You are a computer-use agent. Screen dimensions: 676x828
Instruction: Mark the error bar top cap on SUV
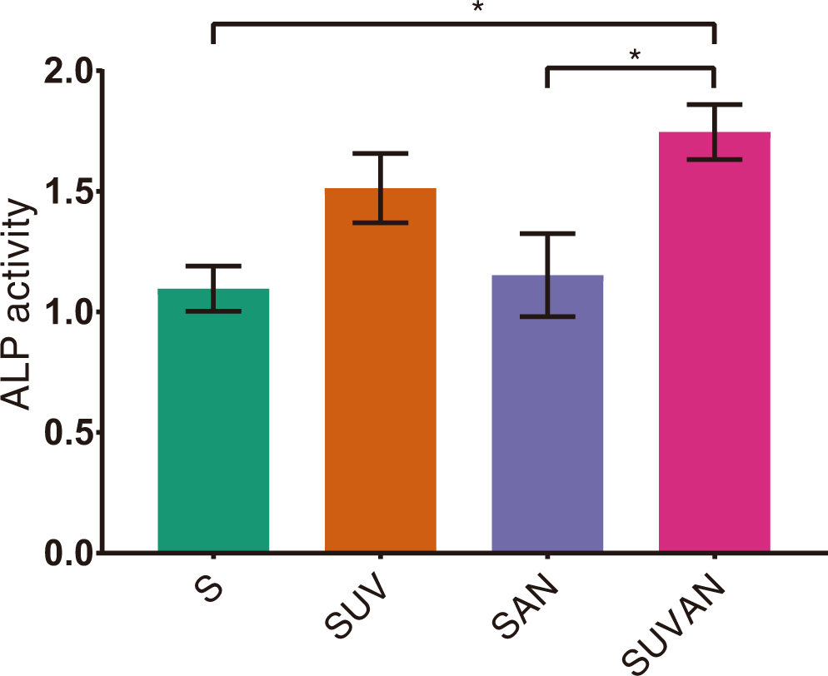click(x=381, y=153)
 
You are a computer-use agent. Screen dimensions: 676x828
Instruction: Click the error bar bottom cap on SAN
click(x=547, y=316)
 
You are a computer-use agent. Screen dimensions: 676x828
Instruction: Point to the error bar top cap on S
click(x=213, y=266)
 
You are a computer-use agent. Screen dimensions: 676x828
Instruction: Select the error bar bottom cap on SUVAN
click(x=715, y=159)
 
